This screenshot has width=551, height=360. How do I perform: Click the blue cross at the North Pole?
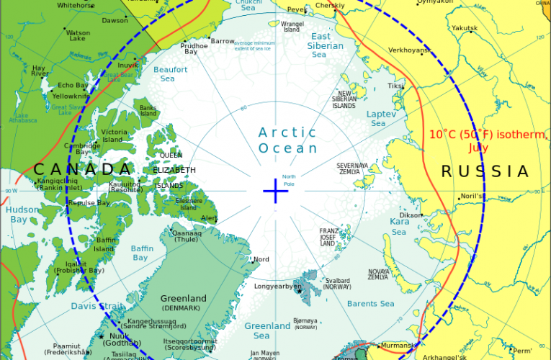275,191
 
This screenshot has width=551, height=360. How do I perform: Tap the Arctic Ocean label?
288,140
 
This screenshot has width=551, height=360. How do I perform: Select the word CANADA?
84,169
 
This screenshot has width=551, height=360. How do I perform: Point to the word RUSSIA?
485,171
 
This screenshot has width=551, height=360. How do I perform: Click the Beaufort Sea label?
170,73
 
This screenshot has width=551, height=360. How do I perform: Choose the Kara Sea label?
398,227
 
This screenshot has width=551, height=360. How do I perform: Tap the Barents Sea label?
372,304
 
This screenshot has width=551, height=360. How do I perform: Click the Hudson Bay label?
19,215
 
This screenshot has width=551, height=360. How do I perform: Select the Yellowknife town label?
71,96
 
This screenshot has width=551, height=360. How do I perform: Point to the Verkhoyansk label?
409,50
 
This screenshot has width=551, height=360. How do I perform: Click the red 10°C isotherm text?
479,141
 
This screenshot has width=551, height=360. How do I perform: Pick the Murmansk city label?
396,346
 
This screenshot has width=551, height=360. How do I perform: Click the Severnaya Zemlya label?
352,169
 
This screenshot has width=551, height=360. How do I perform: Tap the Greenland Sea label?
267,330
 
